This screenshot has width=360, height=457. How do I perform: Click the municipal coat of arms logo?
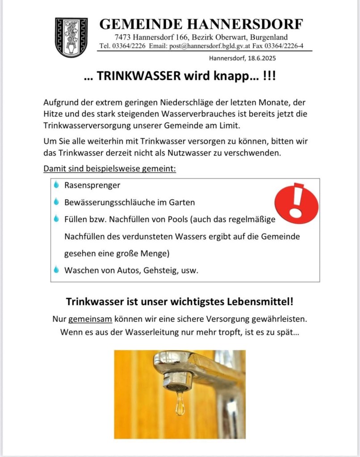[71, 37]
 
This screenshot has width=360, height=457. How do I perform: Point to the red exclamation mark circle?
[296, 204]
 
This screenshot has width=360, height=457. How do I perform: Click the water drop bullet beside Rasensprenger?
[56, 184]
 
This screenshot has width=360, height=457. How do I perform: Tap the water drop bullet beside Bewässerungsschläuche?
[56, 202]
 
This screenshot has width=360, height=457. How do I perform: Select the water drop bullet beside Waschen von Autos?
[56, 270]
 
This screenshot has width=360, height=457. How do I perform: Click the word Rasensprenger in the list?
[92, 185]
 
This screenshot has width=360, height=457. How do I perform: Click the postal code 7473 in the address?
[122, 37]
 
